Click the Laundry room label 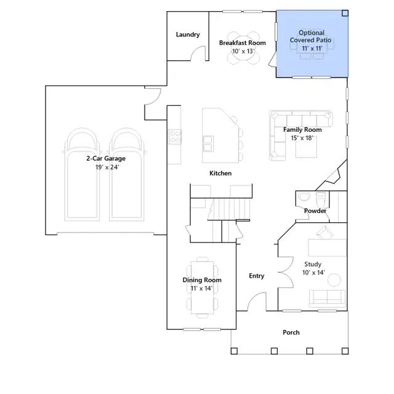tap(188, 34)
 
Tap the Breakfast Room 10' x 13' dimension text tap(243, 51)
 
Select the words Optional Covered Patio tap(311, 36)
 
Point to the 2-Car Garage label tap(106, 158)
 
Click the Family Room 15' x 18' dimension tap(302, 138)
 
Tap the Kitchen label tap(220, 173)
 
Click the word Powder tap(315, 211)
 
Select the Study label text tap(313, 264)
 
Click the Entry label tap(257, 276)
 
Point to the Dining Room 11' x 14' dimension tap(201, 288)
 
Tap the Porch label tap(291, 332)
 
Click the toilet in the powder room tap(320, 198)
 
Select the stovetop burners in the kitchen tap(174, 137)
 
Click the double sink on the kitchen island tap(208, 143)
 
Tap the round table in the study tap(334, 279)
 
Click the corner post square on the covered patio tap(345, 14)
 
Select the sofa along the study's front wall tap(327, 299)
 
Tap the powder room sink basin tap(305, 196)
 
